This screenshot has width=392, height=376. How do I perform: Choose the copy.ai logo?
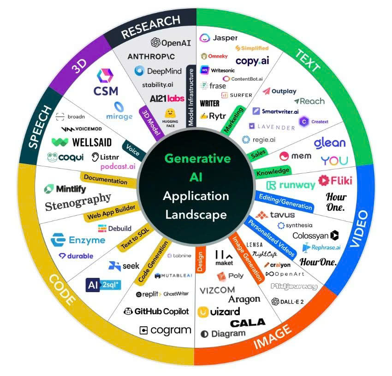click(252, 61)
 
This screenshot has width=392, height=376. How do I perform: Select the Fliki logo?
click(335, 180)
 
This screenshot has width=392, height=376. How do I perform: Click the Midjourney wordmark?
click(294, 287)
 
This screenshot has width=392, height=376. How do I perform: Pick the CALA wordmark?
click(248, 323)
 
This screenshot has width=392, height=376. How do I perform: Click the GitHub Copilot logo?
click(156, 311)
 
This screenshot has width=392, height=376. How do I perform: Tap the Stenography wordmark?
click(78, 202)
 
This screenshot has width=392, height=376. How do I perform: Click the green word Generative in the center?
click(197, 159)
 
